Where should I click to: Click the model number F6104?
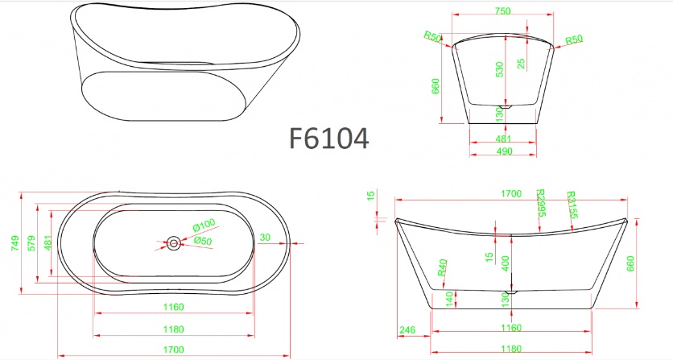point(328,139)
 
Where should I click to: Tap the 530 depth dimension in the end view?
point(500,70)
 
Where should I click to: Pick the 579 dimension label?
point(31,242)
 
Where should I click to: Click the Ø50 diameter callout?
point(202,241)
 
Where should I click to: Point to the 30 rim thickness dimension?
point(265,237)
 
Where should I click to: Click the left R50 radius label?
point(432,36)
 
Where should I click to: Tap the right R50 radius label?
point(573,39)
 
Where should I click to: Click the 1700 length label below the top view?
point(173,349)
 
